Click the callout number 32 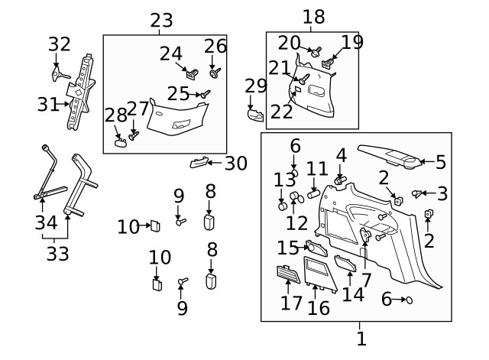click(60, 44)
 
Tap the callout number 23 click(161, 21)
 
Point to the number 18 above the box click(313, 18)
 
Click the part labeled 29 click(254, 114)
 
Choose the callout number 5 click(439, 161)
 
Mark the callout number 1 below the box click(361, 337)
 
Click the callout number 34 click(47, 223)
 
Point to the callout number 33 click(58, 254)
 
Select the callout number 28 click(115, 115)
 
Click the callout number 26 click(215, 47)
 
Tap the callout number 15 click(289, 248)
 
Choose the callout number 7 click(366, 281)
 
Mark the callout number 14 click(352, 294)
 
